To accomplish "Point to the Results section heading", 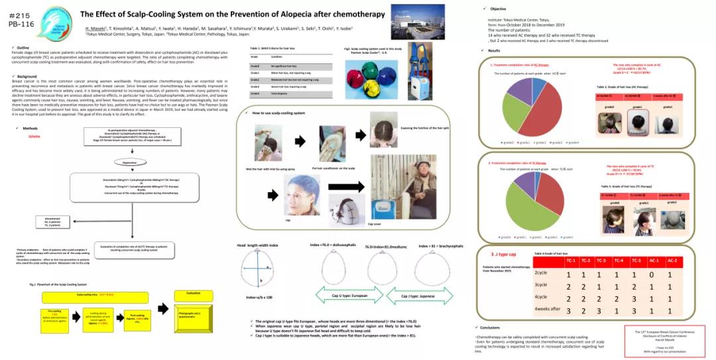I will click(493, 50).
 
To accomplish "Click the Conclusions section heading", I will click(490, 328).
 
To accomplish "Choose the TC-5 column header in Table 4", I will click(636, 261).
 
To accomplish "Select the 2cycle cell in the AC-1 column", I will click(654, 273).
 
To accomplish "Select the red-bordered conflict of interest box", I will click(664, 340).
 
